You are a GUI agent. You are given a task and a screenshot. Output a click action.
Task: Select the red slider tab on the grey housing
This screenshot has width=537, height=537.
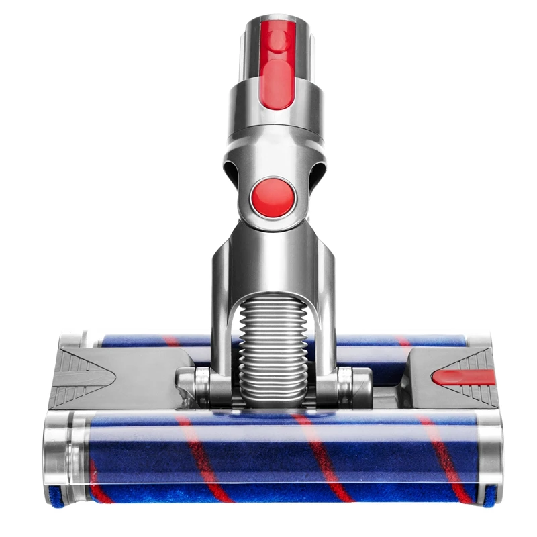(463, 377)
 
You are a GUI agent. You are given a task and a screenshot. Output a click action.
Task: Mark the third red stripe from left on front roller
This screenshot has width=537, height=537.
(322, 456)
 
